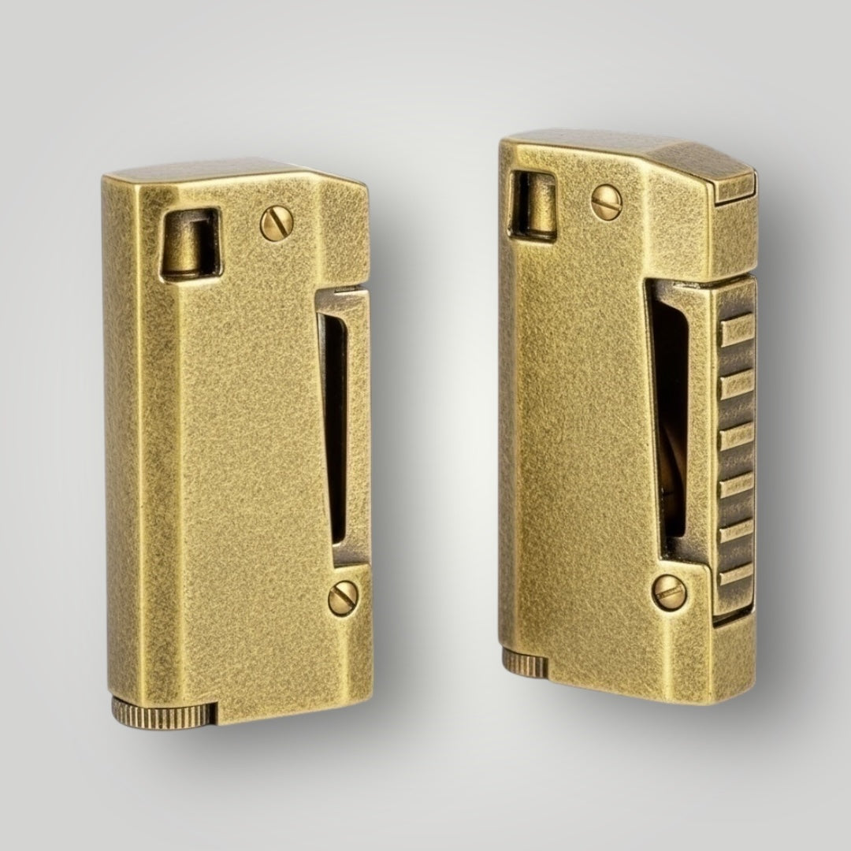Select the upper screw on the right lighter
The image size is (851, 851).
(606, 203)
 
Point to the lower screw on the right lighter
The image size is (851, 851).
(669, 592)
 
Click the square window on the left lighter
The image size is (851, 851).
(190, 243)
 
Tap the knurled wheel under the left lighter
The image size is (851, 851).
(164, 712)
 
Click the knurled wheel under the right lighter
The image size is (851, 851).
(525, 663)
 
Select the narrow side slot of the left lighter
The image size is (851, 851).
(335, 425)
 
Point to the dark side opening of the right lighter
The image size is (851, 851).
(668, 418)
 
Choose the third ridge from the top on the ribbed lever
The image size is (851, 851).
(736, 436)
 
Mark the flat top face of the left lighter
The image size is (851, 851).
(221, 169)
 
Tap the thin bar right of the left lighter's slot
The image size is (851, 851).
(359, 425)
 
